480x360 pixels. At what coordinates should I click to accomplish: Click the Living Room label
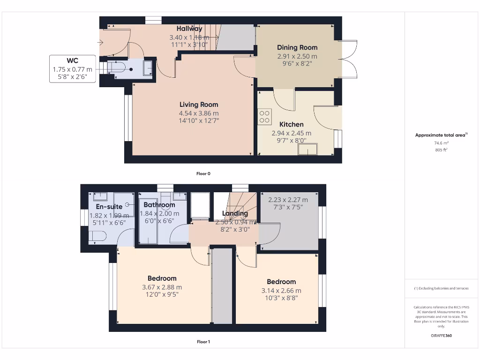[199, 105]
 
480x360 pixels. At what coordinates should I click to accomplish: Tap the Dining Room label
[297, 47]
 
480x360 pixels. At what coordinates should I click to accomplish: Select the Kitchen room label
[291, 124]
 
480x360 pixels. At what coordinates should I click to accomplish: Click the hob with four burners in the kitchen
[264, 116]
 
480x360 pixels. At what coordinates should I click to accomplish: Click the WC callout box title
[72, 61]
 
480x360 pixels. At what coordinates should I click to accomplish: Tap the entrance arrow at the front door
[100, 43]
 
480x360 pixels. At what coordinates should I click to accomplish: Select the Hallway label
[189, 29]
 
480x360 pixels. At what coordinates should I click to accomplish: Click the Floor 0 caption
[203, 173]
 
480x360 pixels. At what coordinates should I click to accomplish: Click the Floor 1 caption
[203, 342]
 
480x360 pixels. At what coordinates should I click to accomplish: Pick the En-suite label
[109, 207]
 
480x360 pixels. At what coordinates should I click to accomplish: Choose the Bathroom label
[159, 205]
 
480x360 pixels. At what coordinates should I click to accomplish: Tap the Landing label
[235, 213]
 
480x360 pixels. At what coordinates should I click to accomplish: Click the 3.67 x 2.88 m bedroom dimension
[162, 287]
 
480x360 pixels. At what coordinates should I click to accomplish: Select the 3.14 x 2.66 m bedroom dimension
[281, 290]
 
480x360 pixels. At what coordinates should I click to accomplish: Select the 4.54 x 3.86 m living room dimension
[199, 113]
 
